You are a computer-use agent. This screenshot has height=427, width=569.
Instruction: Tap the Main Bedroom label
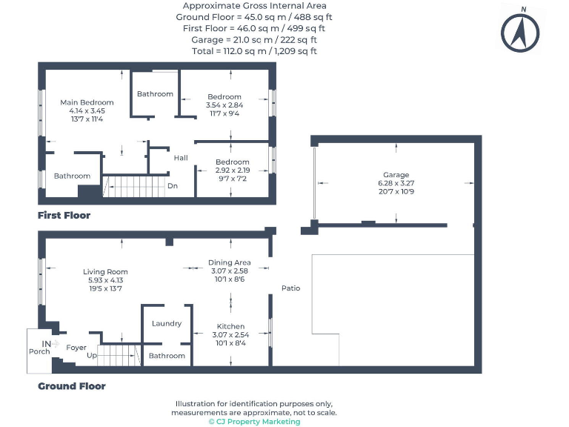tap(87, 102)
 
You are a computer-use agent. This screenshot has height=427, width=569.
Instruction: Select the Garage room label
tap(396, 175)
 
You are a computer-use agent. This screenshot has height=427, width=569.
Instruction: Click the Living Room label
tap(105, 272)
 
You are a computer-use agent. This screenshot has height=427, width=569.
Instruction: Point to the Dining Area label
tap(229, 262)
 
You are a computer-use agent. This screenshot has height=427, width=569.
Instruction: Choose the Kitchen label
tap(230, 326)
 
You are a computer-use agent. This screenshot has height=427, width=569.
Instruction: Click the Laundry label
tap(167, 323)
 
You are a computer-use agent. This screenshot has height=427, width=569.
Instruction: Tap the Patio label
tap(290, 288)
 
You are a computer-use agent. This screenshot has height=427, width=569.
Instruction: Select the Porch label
tap(39, 351)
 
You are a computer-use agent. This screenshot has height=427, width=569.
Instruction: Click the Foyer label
tap(76, 347)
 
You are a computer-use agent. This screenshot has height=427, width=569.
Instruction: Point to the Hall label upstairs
tap(181, 158)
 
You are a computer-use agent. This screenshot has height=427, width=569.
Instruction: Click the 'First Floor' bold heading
tap(64, 216)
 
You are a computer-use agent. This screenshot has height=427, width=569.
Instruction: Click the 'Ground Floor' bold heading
tap(72, 386)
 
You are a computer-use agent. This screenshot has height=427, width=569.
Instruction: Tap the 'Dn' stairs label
tap(173, 186)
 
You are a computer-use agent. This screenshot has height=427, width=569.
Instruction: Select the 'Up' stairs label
tap(91, 356)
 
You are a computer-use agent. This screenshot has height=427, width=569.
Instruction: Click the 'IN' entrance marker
tap(47, 343)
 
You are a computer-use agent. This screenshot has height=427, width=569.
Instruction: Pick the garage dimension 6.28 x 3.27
tap(396, 183)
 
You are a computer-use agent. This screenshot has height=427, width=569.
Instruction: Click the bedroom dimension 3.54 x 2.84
tap(224, 105)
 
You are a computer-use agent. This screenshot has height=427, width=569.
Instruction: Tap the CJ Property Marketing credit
tap(254, 421)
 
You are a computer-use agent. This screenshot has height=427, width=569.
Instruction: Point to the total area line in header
tap(254, 51)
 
